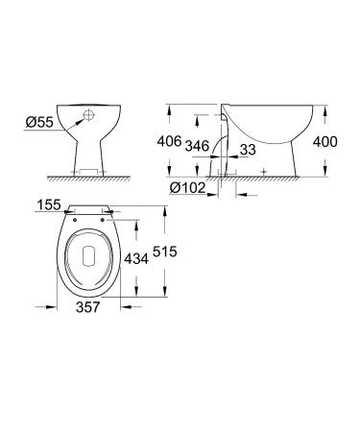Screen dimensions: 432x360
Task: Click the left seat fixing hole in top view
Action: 69,214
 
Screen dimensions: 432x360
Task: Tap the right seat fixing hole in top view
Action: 101,214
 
